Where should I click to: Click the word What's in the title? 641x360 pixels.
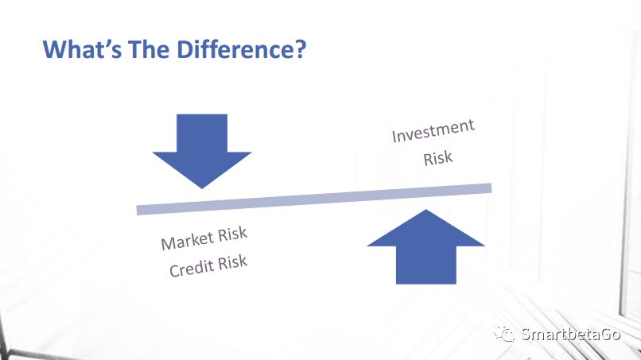82,49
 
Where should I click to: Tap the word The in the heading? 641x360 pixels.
149,49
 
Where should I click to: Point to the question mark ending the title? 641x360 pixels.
299,49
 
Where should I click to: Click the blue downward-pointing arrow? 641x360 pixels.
202,151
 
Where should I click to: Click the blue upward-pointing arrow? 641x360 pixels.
426,247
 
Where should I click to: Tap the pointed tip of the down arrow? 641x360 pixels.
202,188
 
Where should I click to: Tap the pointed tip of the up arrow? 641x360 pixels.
426,210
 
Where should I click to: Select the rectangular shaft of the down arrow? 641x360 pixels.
202,134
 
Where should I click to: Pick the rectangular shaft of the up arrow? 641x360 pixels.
426,265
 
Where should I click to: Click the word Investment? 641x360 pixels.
433,131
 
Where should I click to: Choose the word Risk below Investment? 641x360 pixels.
438,158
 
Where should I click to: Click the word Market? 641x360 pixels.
187,241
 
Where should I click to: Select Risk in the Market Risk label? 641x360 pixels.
232,234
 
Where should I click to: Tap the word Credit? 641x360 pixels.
192,268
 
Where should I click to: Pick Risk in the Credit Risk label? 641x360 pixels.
232,262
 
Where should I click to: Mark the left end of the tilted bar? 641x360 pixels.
137,210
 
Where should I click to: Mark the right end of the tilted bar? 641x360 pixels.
491,188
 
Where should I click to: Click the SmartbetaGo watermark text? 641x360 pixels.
571,335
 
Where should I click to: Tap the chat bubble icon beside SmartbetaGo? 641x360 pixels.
505,334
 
